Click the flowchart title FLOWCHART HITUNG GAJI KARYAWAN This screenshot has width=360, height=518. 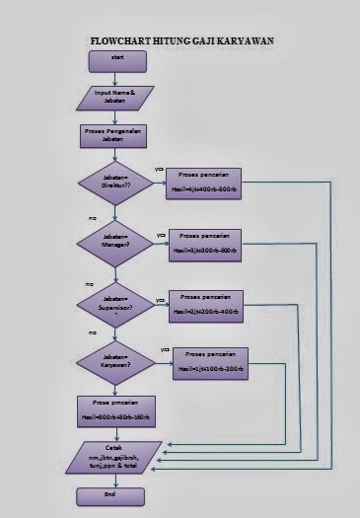[180, 42]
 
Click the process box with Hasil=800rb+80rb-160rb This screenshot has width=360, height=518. [115, 411]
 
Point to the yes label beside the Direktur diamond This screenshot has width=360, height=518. [160, 170]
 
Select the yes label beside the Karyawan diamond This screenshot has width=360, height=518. [166, 349]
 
